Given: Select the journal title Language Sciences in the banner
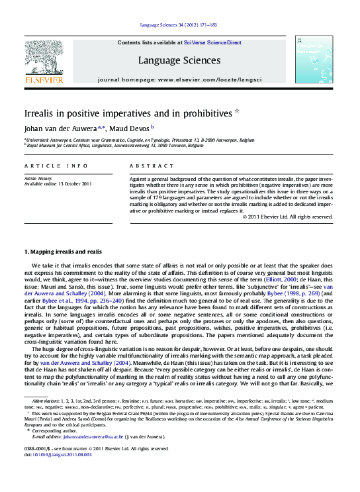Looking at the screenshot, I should pyautogui.click(x=179, y=60).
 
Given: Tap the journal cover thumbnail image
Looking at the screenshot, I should pyautogui.click(x=314, y=60).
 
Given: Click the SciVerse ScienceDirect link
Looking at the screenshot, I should pyautogui.click(x=213, y=42).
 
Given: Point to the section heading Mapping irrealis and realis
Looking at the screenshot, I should pyautogui.click(x=63, y=252).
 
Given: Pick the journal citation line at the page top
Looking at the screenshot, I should pyautogui.click(x=179, y=26).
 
